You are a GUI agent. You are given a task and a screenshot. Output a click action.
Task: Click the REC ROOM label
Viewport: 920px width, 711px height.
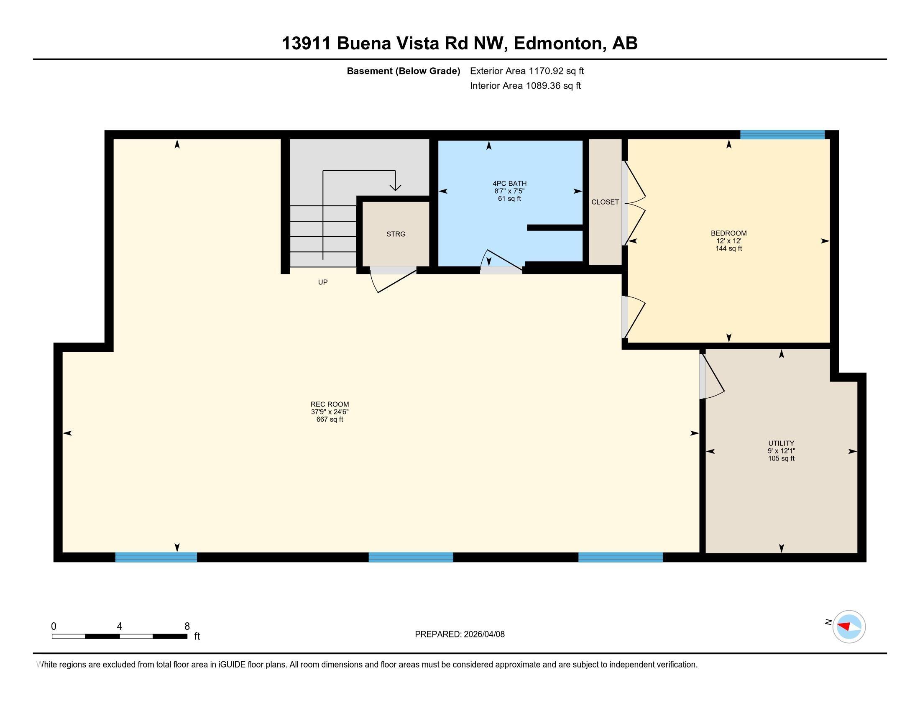(330, 404)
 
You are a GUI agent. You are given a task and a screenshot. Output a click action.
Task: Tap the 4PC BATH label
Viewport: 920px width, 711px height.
(510, 184)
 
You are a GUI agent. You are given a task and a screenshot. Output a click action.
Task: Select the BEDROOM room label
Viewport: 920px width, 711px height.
(729, 233)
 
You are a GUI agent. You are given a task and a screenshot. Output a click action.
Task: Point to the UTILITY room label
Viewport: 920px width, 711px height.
(781, 443)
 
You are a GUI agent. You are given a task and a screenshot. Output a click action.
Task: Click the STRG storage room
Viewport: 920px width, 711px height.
(396, 234)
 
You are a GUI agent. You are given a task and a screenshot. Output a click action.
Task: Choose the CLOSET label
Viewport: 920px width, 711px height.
(605, 202)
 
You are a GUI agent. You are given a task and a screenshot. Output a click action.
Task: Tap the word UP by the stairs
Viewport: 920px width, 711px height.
(323, 282)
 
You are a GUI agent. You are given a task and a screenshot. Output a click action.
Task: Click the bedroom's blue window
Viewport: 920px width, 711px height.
(782, 135)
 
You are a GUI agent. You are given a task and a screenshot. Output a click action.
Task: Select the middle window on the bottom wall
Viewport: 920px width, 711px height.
(411, 557)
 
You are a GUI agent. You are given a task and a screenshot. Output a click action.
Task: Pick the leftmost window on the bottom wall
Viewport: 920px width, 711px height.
(156, 557)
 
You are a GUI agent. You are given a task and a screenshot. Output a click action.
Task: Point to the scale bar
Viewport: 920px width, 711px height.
(120, 637)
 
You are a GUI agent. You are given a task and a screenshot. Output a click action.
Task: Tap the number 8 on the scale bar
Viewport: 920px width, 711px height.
(187, 627)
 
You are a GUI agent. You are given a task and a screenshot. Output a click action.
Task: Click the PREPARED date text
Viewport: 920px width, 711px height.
(460, 634)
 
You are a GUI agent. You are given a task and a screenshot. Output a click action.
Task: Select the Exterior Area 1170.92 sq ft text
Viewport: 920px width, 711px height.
(527, 71)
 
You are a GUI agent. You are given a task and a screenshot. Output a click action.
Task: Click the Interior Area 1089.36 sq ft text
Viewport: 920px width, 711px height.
(525, 86)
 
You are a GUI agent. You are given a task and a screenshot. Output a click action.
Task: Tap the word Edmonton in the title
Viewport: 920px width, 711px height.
(557, 43)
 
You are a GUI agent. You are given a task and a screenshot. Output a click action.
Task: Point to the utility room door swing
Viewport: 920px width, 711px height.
(712, 376)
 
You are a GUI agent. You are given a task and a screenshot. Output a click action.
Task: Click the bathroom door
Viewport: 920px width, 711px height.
(501, 262)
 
